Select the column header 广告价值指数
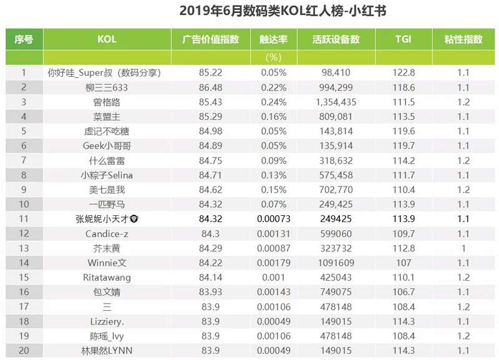[210, 39]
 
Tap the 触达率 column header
[273, 39]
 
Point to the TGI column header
[403, 39]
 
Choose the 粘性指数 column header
[463, 39]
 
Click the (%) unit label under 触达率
[273, 57]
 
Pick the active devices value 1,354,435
[336, 102]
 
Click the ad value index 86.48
[210, 87]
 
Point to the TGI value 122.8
[403, 72]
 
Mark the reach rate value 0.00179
[273, 263]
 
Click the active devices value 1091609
[336, 263]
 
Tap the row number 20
[24, 350]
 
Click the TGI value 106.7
[403, 292]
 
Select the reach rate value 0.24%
[273, 102]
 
